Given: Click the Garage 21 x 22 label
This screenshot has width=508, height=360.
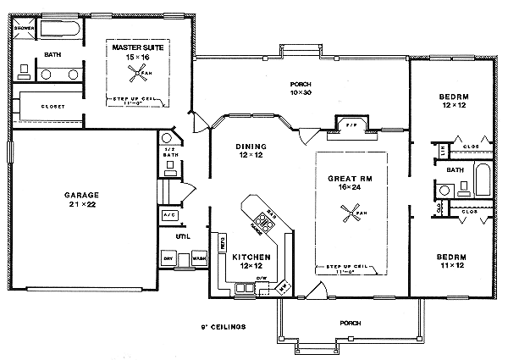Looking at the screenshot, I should pos(82,200).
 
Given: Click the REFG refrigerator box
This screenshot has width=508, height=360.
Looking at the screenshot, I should pos(223,243).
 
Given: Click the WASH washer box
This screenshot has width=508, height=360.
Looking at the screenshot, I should pos(198,258).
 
